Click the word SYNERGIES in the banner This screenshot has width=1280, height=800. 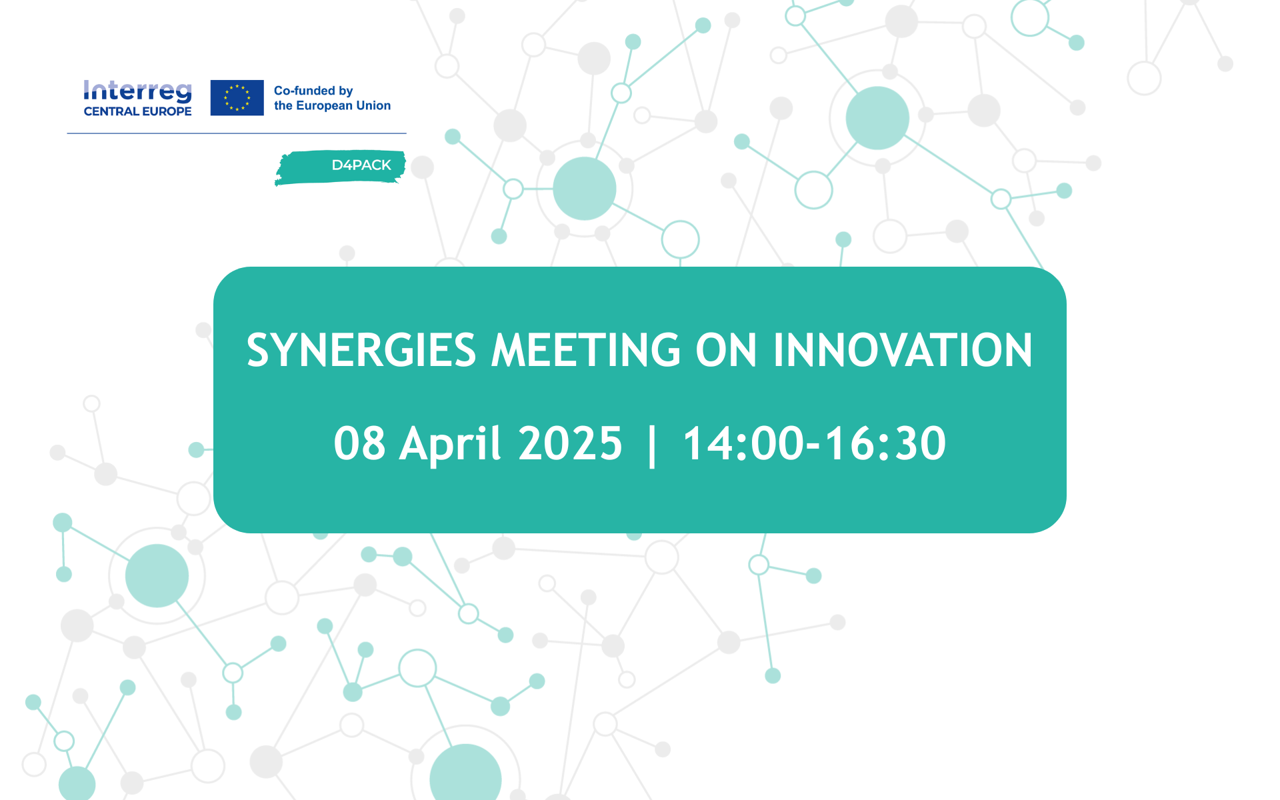[x=361, y=350]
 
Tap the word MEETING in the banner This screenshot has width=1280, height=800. [x=586, y=350]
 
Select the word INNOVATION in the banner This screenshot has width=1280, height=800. [x=903, y=350]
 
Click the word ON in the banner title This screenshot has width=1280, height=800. [x=726, y=350]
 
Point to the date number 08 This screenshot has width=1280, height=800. [x=359, y=443]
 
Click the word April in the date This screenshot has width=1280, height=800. [x=450, y=445]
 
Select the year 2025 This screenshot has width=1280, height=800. [x=570, y=443]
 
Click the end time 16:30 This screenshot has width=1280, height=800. [x=886, y=443]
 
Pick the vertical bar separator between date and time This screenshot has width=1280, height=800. [x=653, y=445]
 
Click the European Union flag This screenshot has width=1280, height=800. [x=237, y=97]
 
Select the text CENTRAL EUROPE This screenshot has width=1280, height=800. [x=137, y=111]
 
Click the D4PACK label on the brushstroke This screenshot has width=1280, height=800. [x=361, y=165]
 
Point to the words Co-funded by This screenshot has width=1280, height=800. [x=313, y=91]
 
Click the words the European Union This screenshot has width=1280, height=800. [x=332, y=105]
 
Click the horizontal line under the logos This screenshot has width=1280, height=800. [x=237, y=133]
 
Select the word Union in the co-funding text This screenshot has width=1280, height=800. [x=373, y=105]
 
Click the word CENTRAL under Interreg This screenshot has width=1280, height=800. [x=111, y=111]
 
